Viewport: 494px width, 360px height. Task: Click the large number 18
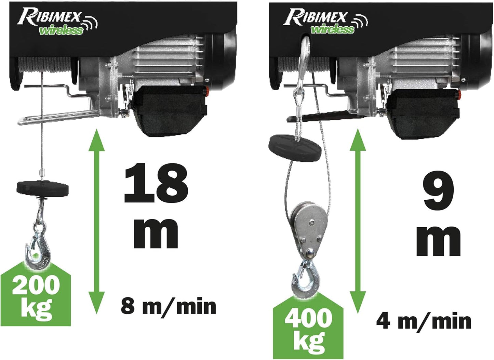pos(156,183)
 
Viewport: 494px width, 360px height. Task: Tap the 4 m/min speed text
pos(424,322)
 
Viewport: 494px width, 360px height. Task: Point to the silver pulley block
pos(309,231)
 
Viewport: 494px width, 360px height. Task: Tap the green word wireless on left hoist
pos(61,31)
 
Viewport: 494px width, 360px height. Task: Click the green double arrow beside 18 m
pos(96,222)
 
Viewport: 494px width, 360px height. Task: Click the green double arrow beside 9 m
pos(358,222)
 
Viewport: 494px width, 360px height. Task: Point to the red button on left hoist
pos(207,91)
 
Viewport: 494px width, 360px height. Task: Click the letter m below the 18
pos(156,234)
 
